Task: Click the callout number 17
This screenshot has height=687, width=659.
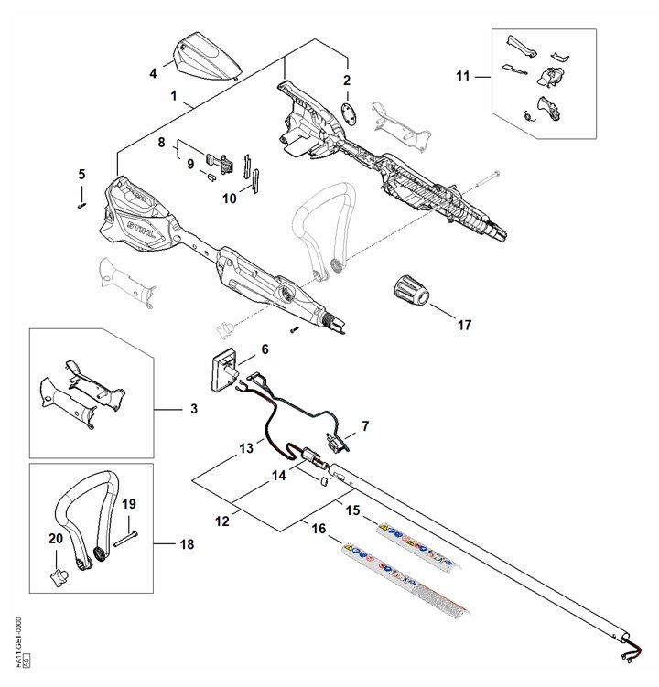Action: coord(463,324)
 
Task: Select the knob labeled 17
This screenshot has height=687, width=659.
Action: coord(410,290)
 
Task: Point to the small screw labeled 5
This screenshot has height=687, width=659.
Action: coord(81,206)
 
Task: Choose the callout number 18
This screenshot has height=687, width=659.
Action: coord(189,544)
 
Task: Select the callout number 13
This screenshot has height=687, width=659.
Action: coord(245,449)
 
